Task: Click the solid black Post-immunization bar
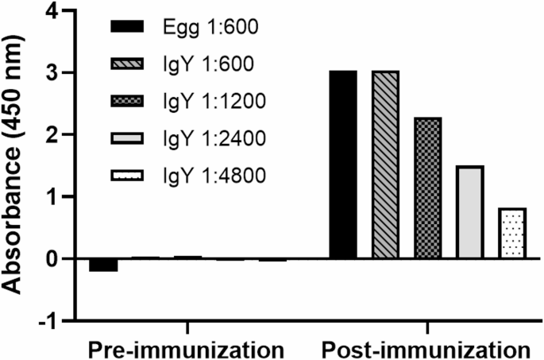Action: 343,165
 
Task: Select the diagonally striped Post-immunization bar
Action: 385,165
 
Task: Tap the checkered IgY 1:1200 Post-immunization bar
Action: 428,188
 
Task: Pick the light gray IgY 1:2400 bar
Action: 470,212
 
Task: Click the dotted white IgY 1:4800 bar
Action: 513,234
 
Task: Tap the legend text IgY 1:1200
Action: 208,103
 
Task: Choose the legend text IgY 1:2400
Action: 208,140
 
